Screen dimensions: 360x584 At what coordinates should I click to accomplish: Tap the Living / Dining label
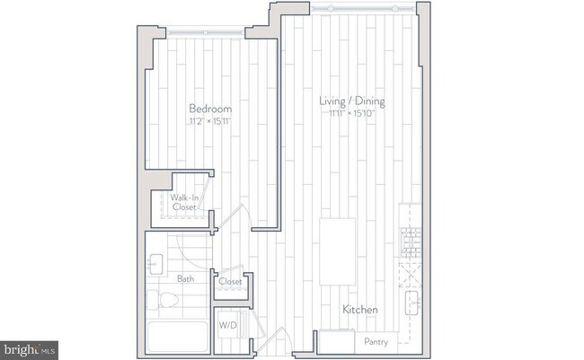click(352, 101)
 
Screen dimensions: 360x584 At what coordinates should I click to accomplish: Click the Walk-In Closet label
click(184, 202)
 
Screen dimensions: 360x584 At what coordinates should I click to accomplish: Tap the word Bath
click(185, 279)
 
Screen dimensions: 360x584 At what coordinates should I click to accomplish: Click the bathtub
click(177, 337)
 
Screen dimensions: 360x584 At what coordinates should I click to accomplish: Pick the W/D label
click(226, 324)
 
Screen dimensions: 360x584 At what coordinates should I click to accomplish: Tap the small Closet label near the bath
click(230, 282)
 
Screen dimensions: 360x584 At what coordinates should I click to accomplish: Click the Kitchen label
click(359, 310)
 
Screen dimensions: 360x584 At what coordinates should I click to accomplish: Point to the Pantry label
click(376, 342)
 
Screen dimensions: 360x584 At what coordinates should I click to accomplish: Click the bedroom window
click(209, 35)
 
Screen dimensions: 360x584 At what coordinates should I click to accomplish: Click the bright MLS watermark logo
click(30, 347)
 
